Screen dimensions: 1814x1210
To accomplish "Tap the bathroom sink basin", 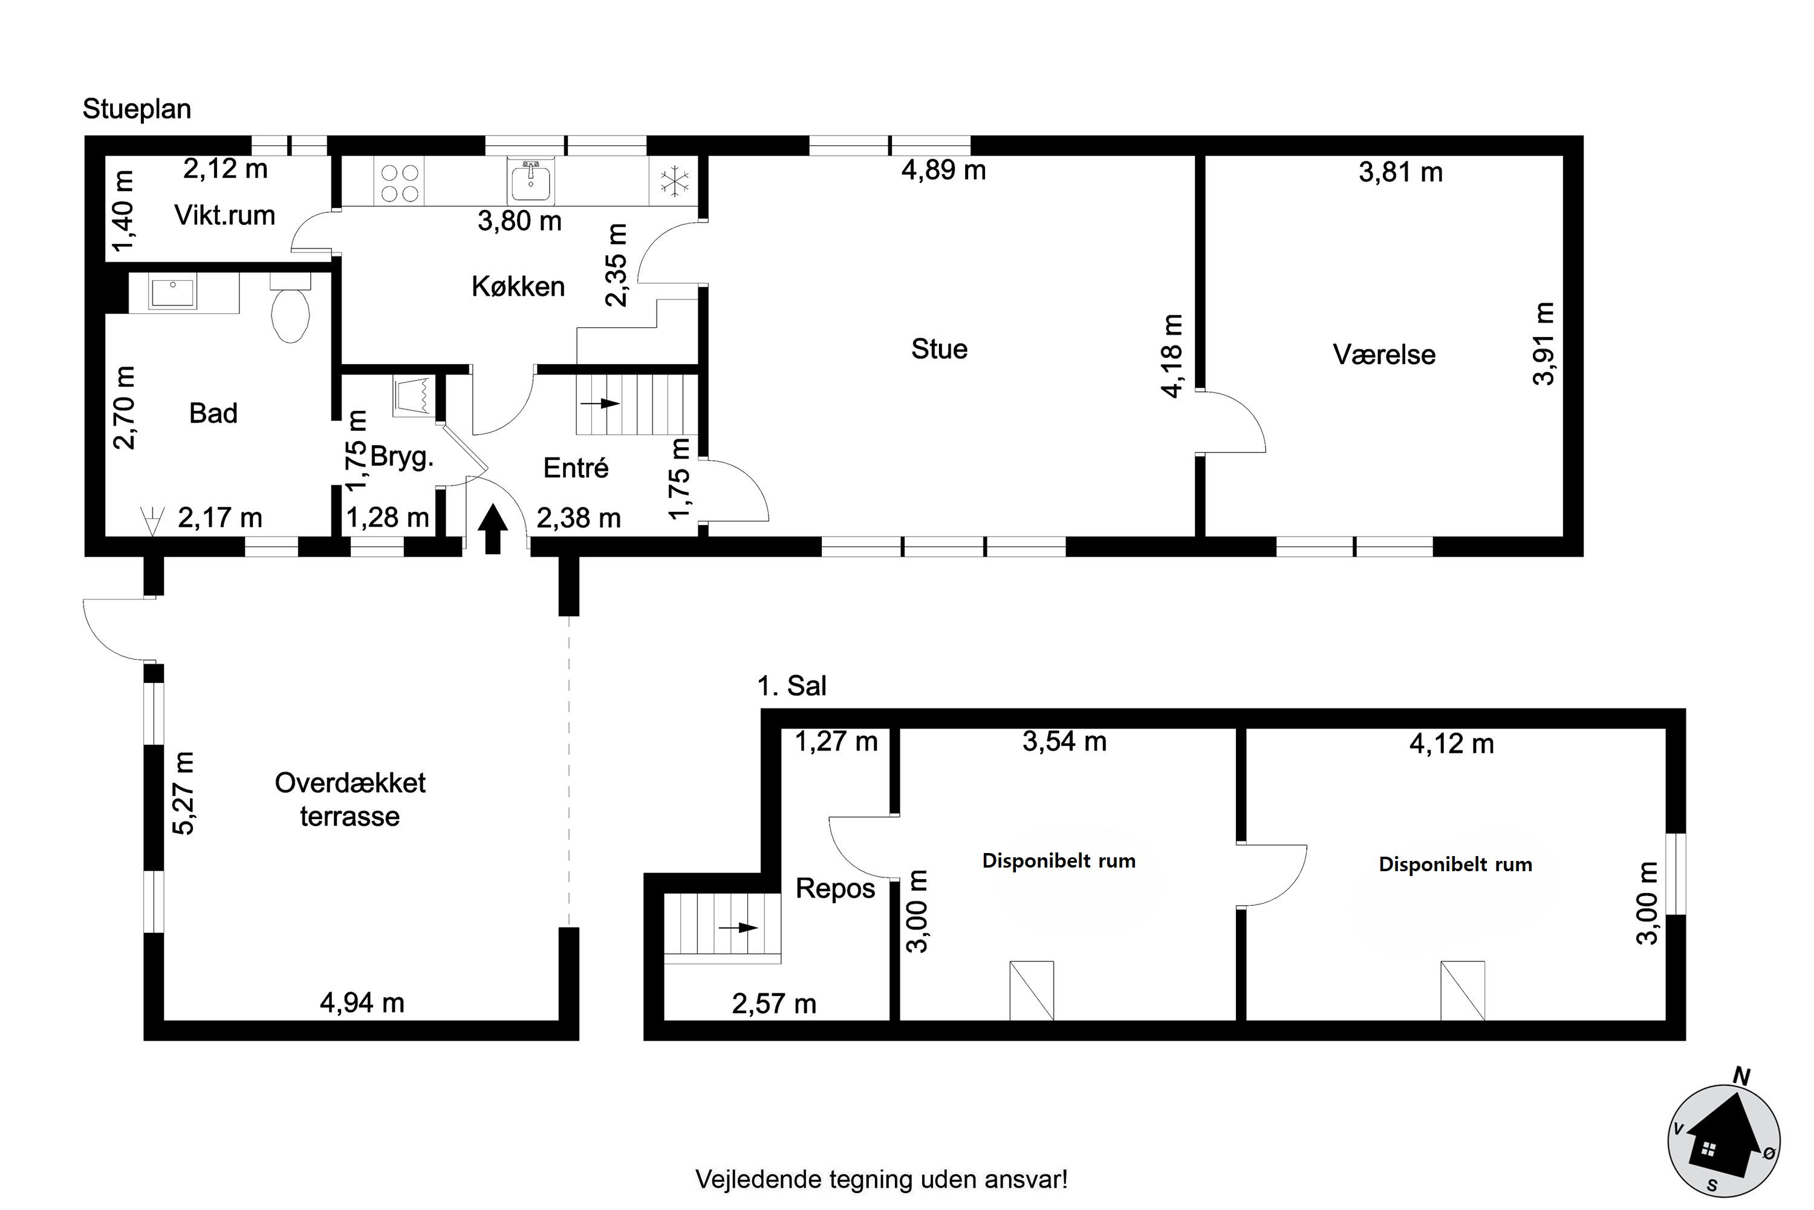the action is coord(174,293).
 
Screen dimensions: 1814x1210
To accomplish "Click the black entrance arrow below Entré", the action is coord(493,529).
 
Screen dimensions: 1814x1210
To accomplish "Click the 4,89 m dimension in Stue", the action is coord(943,171).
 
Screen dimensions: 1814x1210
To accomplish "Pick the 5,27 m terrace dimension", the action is coord(184,793).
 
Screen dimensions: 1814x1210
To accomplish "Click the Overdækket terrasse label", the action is coord(350,799).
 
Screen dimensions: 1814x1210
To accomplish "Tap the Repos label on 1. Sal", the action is coord(835,889).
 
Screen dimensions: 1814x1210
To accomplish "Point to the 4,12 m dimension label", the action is coord(1452,744).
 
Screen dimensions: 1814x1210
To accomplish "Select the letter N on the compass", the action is coord(1741,1076).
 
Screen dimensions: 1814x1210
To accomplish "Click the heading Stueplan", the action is coord(137,110).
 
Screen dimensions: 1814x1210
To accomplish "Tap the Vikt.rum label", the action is coord(224,215).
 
